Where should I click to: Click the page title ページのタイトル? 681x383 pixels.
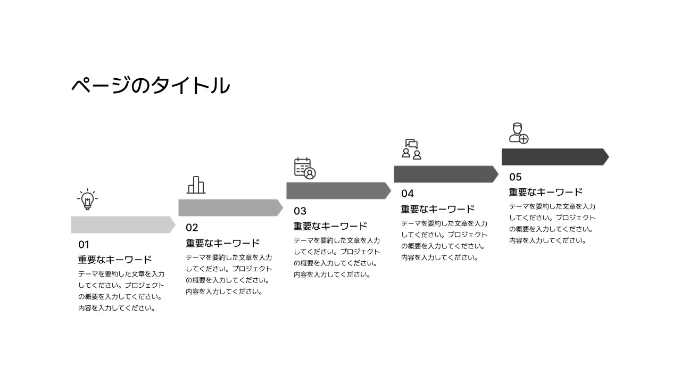(x=151, y=86)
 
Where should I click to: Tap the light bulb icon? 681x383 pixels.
(x=87, y=199)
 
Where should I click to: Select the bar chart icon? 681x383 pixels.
(x=196, y=185)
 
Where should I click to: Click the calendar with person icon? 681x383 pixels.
(x=305, y=168)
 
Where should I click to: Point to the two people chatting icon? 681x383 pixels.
(x=411, y=149)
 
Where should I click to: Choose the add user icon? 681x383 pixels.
(x=519, y=134)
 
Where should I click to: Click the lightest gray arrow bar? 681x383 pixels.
(x=122, y=224)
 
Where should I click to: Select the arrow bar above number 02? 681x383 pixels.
(x=230, y=207)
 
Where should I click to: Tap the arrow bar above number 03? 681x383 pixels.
(x=338, y=190)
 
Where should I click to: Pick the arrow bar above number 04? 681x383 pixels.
(x=445, y=174)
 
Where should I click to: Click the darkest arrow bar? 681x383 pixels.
(x=554, y=157)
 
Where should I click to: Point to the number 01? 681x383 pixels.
(x=84, y=245)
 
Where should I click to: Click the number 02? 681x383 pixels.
(x=192, y=228)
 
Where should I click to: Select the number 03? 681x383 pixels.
(x=300, y=211)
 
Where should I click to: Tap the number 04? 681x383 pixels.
(x=408, y=194)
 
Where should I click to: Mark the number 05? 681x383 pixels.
(x=516, y=177)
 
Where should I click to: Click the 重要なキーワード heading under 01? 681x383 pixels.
(x=115, y=260)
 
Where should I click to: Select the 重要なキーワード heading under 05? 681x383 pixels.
(x=546, y=192)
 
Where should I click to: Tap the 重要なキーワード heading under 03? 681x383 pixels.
(x=330, y=226)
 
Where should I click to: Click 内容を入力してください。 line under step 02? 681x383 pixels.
(x=224, y=292)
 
